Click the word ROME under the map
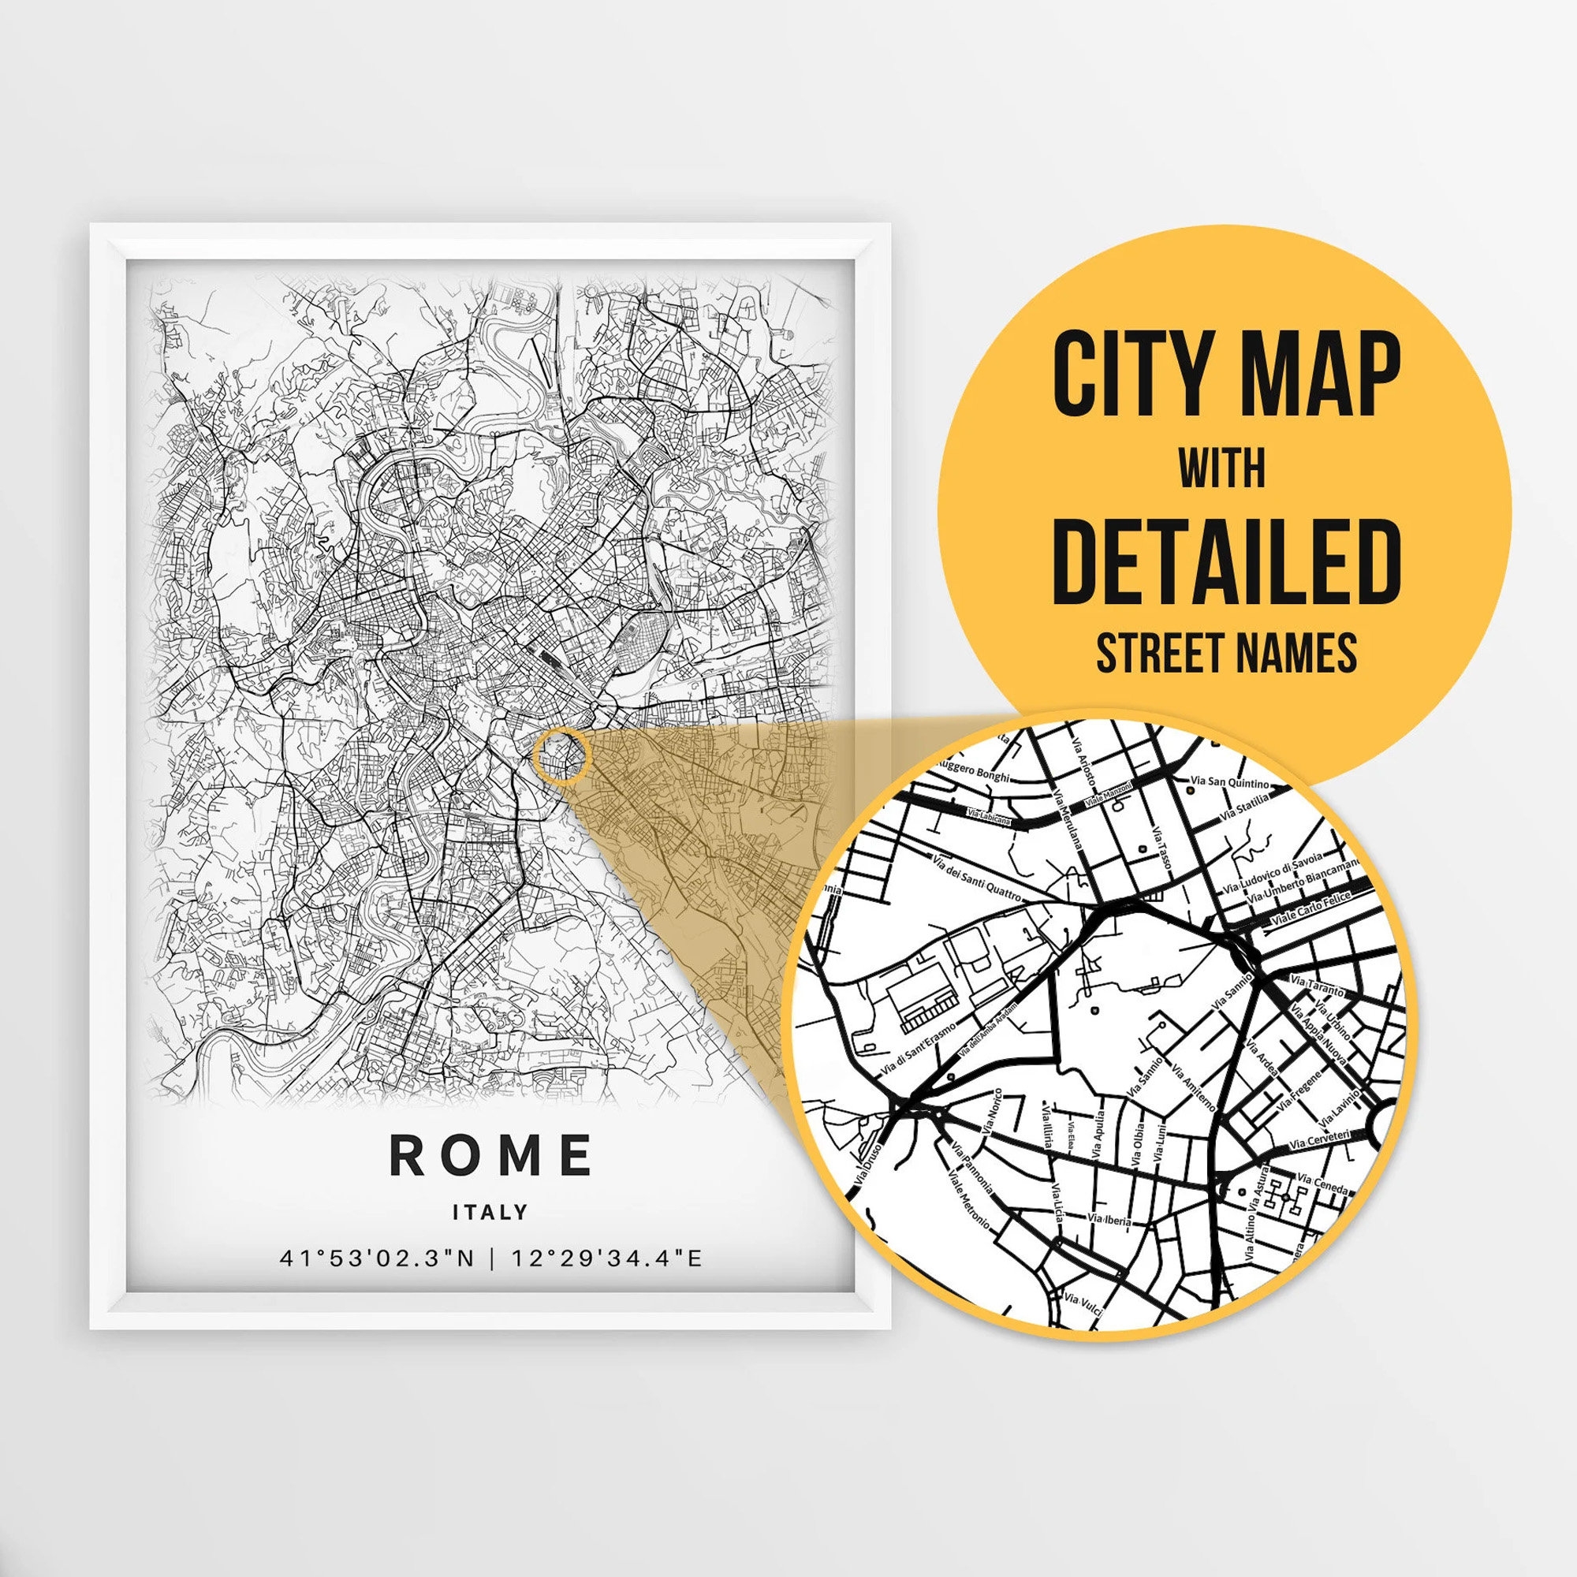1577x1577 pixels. coord(490,1155)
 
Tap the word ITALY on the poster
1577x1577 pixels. coord(490,1213)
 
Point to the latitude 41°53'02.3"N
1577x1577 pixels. coord(376,1258)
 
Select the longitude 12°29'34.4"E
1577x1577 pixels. coord(606,1258)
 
